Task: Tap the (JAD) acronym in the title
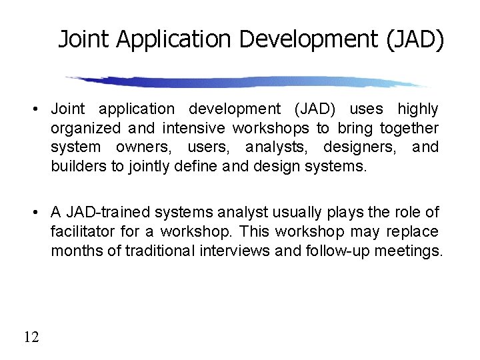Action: (x=414, y=40)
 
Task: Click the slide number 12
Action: (x=31, y=337)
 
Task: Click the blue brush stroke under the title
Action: (x=247, y=82)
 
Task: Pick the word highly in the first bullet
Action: (x=418, y=109)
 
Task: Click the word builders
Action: (x=79, y=165)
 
